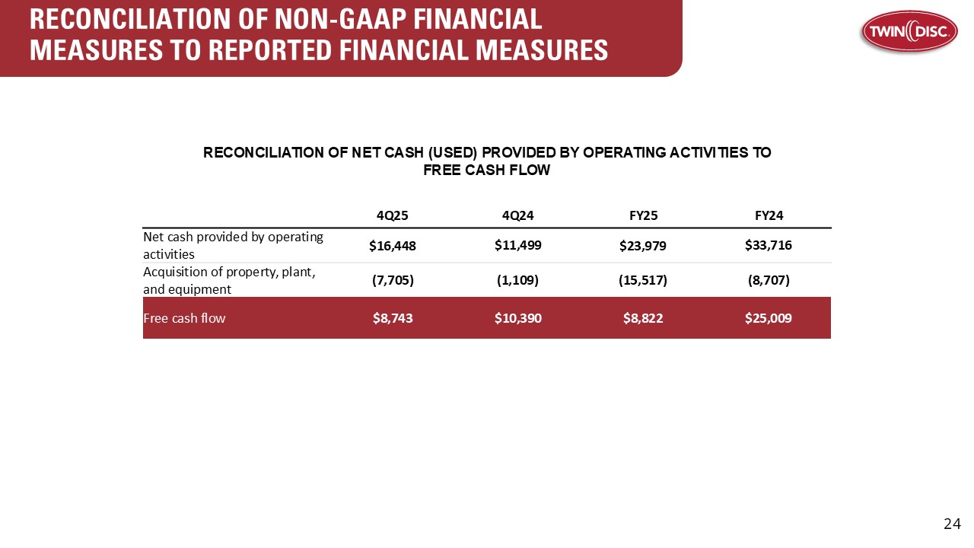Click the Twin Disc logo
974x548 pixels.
[909, 32]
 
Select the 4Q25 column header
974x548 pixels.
[392, 215]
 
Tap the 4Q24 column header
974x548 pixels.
[517, 215]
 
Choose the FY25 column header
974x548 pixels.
[644, 215]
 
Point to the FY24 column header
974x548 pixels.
[769, 215]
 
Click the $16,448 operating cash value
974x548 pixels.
[392, 246]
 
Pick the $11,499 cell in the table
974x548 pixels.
[517, 245]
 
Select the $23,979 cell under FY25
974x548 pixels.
[643, 246]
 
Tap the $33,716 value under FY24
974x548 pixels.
[769, 245]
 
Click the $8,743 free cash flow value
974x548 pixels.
[393, 318]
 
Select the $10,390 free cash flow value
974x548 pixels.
[518, 318]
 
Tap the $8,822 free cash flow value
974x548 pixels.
[643, 318]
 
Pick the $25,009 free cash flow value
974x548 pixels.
[769, 318]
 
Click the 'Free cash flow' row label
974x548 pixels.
[184, 318]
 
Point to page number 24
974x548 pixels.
[952, 524]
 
